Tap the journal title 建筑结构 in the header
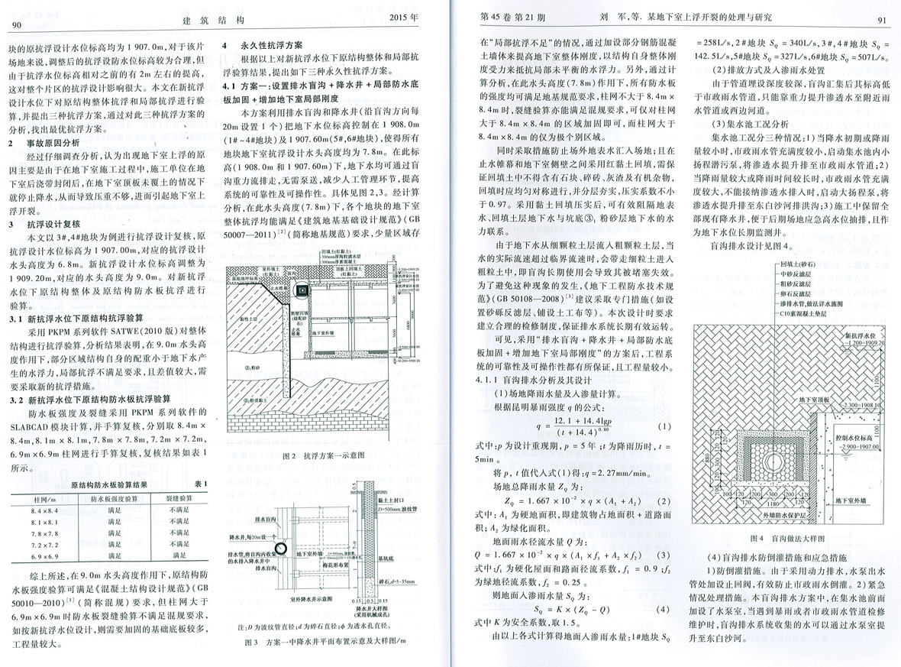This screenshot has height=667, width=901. pyautogui.click(x=217, y=20)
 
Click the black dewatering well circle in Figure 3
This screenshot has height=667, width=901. pyautogui.click(x=282, y=549)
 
